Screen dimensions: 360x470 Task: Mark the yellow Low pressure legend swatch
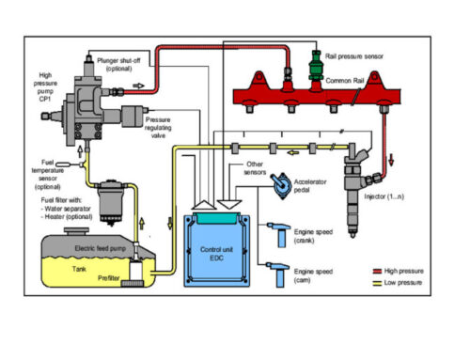377,280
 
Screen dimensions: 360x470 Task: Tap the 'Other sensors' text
247,169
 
